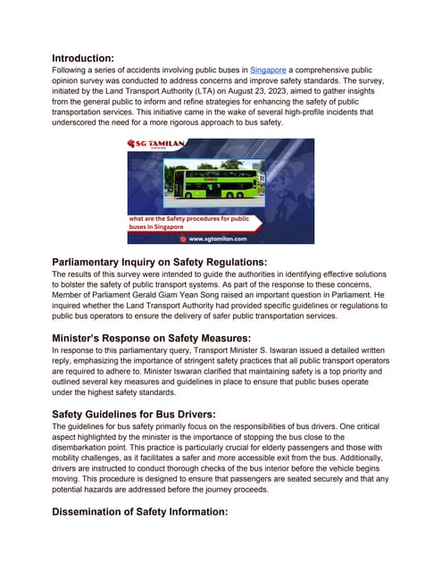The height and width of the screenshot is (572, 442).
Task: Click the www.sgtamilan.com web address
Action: point(224,239)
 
